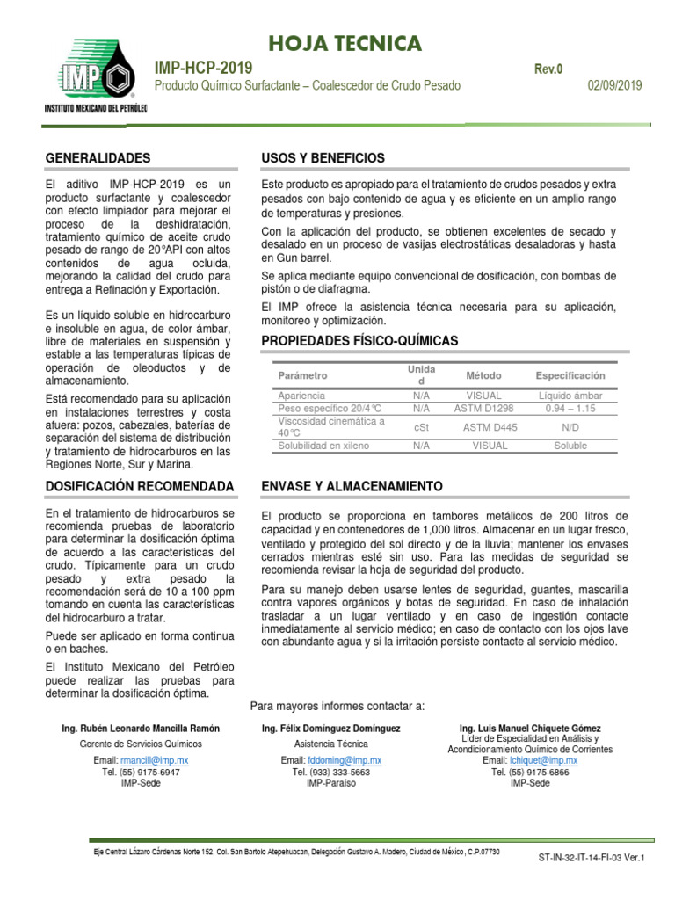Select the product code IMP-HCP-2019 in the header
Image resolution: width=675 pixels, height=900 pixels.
click(203, 69)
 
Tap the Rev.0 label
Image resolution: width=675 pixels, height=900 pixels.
click(547, 69)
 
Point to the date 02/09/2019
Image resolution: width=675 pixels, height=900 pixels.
click(614, 86)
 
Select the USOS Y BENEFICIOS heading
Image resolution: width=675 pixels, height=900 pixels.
click(323, 158)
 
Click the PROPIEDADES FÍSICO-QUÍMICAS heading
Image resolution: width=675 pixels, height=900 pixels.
click(359, 340)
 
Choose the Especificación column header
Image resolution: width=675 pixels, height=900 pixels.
click(570, 375)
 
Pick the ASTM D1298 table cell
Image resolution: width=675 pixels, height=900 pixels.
click(484, 409)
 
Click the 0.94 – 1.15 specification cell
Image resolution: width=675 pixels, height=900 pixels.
click(570, 409)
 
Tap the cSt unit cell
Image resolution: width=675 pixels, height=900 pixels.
click(420, 427)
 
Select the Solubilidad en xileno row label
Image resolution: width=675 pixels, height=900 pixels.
click(324, 446)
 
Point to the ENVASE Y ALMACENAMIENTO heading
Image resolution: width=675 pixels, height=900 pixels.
click(352, 486)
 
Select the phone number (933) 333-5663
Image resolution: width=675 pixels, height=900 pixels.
click(330, 772)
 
